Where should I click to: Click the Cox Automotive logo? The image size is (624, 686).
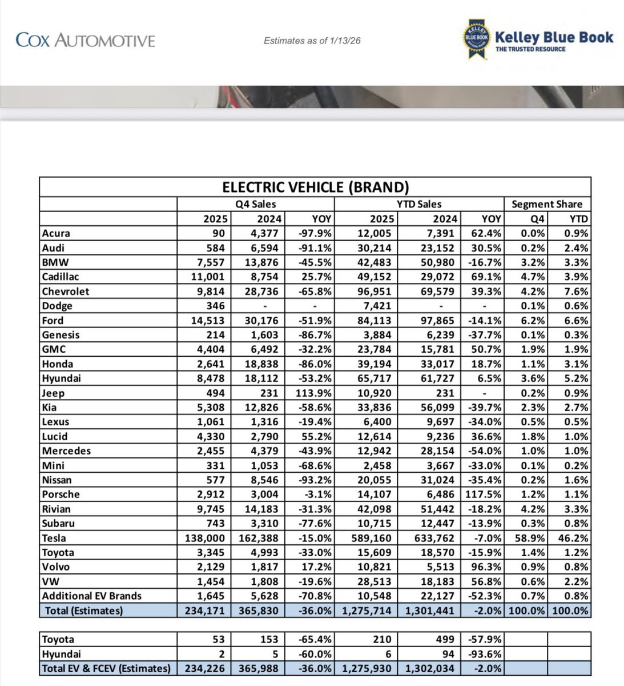coord(86,40)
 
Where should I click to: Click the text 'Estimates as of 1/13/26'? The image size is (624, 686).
coord(312,41)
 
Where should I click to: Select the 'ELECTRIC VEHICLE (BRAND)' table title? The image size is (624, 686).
coord(315,187)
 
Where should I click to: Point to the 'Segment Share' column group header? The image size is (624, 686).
coord(547,204)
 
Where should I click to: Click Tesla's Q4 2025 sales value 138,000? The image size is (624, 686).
coord(206,538)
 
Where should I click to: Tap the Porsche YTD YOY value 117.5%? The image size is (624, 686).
coord(484,494)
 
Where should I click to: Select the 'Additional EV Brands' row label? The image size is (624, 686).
coord(91,596)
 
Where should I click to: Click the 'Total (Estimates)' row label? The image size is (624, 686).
coord(84,611)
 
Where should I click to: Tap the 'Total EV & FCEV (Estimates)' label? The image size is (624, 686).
coord(106,668)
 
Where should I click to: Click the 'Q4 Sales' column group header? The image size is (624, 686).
coord(256,204)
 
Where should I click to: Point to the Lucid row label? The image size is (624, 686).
coord(55,436)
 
